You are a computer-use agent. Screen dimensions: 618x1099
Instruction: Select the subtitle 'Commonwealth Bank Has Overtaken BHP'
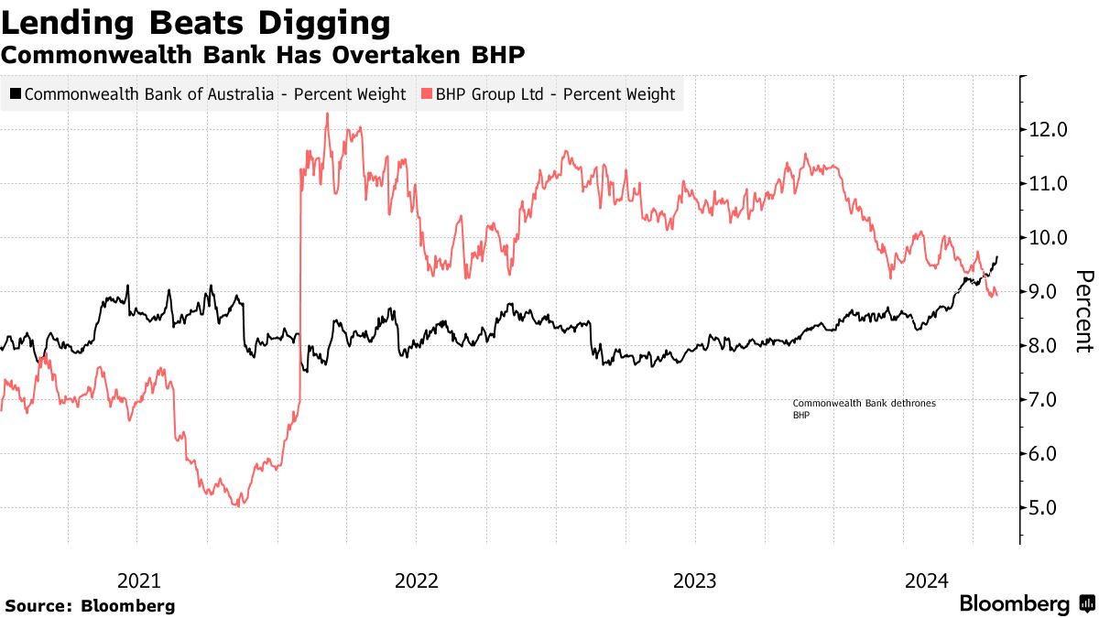pos(263,54)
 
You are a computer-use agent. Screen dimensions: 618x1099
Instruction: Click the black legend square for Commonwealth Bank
pos(15,94)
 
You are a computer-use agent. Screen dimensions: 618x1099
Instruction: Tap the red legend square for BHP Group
pos(426,94)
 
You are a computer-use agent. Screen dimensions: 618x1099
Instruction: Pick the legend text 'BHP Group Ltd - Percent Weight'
pos(555,94)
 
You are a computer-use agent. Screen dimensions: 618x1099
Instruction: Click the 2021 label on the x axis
pos(139,580)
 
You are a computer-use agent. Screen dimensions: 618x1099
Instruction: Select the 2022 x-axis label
pos(417,580)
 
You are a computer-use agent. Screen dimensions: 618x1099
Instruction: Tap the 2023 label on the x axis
pos(695,580)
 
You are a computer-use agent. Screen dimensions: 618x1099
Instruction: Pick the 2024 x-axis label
pos(927,580)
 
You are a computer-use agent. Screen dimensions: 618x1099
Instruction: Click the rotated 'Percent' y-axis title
pos(1083,311)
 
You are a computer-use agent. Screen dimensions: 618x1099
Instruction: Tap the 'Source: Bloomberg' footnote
pos(90,605)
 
